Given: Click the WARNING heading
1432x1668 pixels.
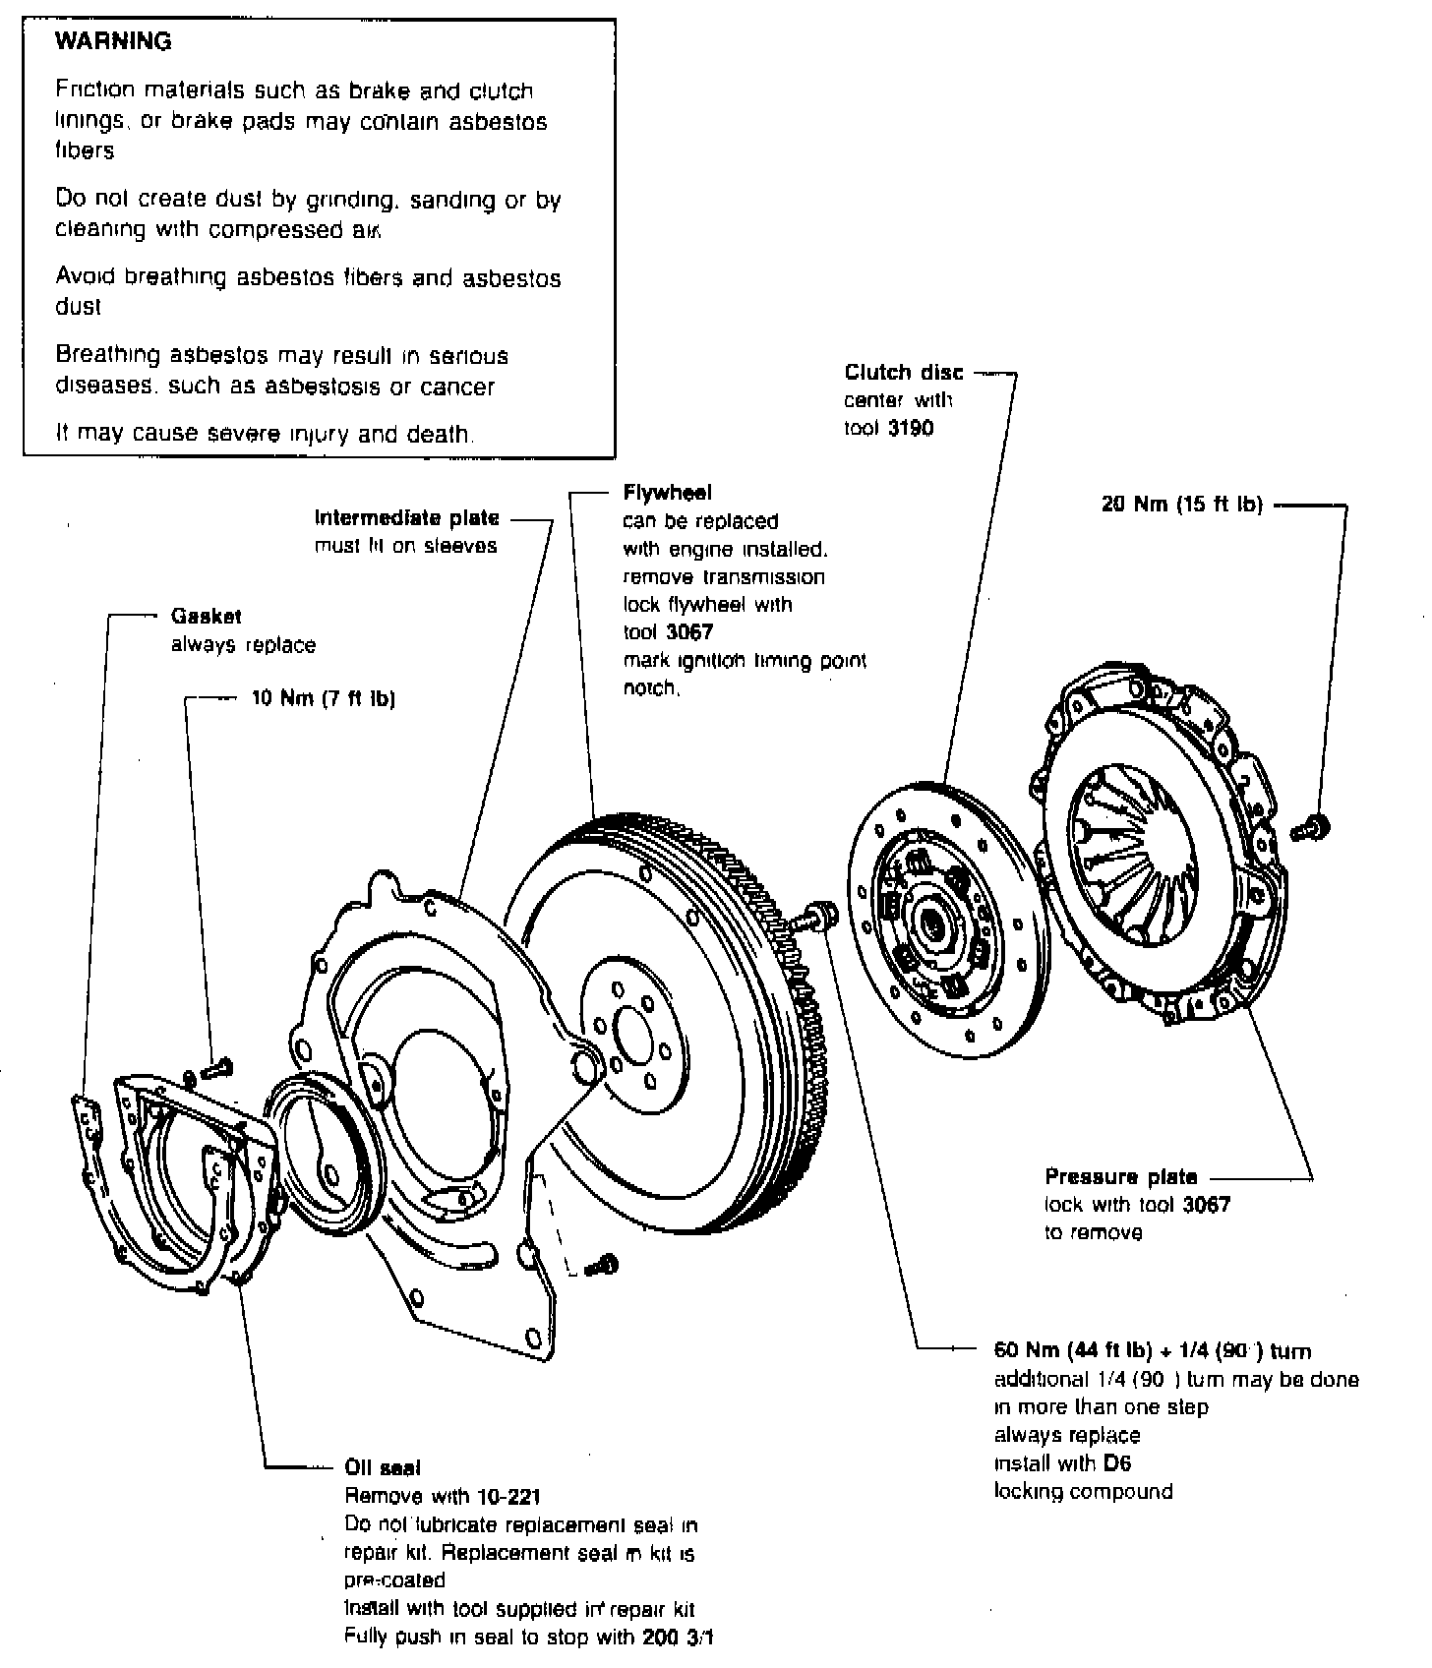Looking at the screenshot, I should point(113,41).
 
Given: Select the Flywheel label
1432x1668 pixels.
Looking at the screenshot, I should point(668,492).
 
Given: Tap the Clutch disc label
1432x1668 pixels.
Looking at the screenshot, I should point(904,373).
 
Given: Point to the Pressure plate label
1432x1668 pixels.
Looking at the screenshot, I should point(1121,1176).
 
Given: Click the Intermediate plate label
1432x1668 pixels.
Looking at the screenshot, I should point(406,517).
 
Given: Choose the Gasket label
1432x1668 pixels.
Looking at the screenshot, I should point(206,617).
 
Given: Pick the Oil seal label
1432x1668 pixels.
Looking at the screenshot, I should point(383,1467).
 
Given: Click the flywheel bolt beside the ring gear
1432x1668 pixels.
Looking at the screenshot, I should point(815,917).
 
